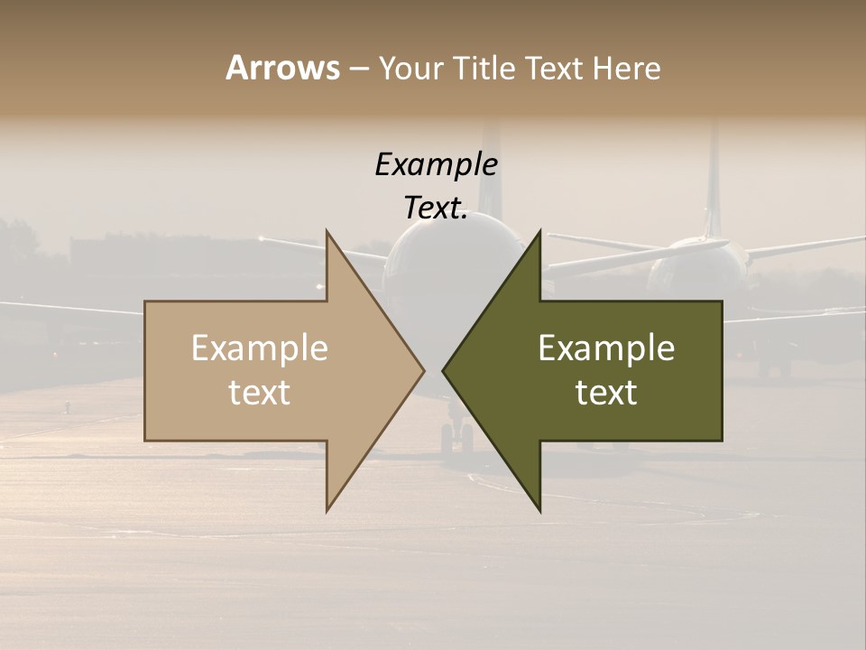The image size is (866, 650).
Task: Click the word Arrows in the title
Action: point(282,68)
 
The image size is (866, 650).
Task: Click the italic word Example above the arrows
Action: point(436,165)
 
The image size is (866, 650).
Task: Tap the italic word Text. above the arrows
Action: point(436,209)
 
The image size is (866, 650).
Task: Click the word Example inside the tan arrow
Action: point(260,348)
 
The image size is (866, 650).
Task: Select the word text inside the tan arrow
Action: point(260,393)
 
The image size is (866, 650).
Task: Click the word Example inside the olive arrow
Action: point(606,348)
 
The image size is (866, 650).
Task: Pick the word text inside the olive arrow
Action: point(606,393)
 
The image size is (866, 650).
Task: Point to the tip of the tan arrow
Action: point(423,370)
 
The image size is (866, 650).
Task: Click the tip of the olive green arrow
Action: point(444,370)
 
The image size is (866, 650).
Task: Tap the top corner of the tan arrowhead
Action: point(327,231)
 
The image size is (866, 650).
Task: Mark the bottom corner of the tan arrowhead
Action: point(327,510)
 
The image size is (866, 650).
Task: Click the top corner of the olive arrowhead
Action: point(539,231)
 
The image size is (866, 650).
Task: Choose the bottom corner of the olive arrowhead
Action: point(539,510)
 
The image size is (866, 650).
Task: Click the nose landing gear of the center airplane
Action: point(456,438)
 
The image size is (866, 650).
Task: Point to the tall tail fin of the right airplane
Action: point(714,181)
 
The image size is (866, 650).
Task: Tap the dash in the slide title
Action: point(358,70)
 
